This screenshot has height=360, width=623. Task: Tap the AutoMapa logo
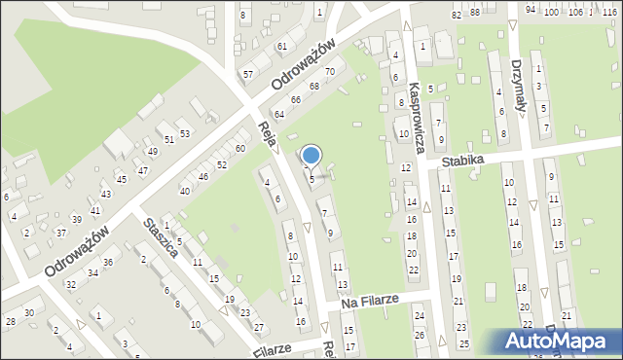(x=558, y=342)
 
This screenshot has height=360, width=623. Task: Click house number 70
(x=330, y=72)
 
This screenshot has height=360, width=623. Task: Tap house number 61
(x=281, y=47)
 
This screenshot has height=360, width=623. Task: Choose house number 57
(x=248, y=75)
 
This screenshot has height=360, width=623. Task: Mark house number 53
(x=184, y=132)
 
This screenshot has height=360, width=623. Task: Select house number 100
(x=551, y=12)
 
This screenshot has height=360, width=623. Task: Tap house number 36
(x=108, y=263)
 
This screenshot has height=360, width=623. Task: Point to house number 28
(x=10, y=321)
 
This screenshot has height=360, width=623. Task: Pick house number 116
(x=610, y=12)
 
